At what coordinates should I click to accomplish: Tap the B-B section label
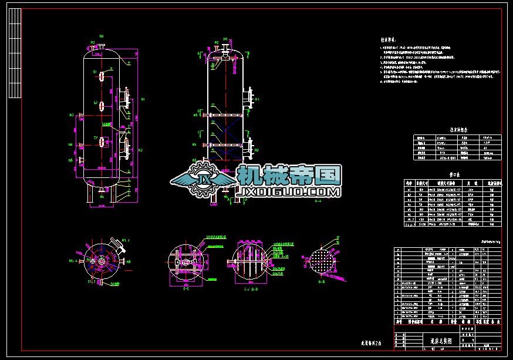click(x=322, y=282)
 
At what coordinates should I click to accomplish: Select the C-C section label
click(x=185, y=288)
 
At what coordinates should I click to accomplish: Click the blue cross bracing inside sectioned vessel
click(x=224, y=129)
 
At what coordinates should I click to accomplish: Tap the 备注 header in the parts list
click(x=496, y=322)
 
